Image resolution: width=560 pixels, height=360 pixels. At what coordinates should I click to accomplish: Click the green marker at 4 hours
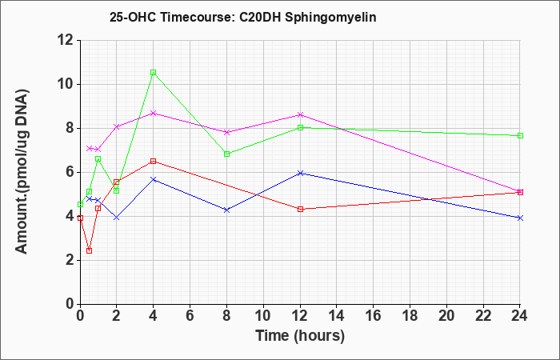[x=154, y=73]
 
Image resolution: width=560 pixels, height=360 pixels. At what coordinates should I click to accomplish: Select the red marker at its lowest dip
[x=90, y=250]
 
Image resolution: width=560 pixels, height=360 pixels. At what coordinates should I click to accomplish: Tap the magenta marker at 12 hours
[x=300, y=114]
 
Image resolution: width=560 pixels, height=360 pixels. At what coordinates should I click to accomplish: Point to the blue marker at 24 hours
[x=520, y=218]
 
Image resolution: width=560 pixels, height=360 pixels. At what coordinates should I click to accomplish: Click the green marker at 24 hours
[x=520, y=136]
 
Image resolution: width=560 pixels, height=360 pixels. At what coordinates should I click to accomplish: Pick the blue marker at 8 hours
[x=226, y=210]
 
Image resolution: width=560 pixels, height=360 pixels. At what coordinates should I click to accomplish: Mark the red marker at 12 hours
[x=300, y=209]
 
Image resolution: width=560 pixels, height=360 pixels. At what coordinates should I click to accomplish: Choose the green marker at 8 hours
[x=226, y=154]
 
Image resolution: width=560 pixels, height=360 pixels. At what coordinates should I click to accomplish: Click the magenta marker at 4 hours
[x=154, y=114]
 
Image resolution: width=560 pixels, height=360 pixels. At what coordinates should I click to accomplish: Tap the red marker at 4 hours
[x=154, y=161]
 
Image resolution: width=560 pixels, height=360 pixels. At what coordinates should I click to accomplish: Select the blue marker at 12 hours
[x=300, y=174]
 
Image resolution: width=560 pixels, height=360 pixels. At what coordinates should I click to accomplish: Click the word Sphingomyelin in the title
[x=330, y=18]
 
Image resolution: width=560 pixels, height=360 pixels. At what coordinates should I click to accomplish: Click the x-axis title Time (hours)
[x=300, y=336]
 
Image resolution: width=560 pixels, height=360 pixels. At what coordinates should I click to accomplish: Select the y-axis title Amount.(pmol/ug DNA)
[x=22, y=171]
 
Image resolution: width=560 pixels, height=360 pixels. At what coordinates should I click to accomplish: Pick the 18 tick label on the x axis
[x=410, y=316]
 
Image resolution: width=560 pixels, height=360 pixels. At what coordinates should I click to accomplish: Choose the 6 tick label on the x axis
[x=190, y=316]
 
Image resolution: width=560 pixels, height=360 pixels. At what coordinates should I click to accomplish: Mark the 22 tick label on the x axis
[x=483, y=316]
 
